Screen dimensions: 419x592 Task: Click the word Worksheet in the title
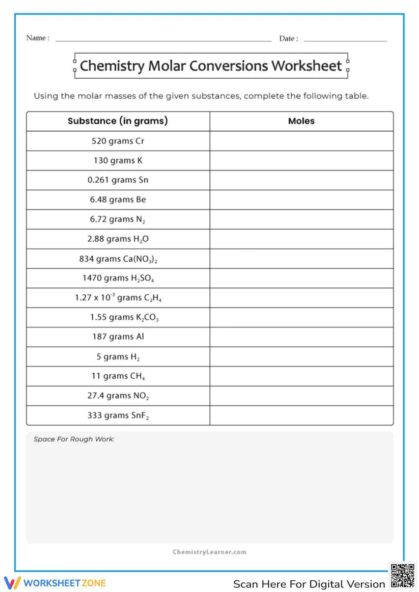point(307,66)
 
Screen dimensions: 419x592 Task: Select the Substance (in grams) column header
point(118,121)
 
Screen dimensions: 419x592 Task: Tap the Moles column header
point(301,121)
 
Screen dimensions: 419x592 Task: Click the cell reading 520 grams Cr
point(118,141)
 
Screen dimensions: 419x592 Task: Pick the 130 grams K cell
point(118,160)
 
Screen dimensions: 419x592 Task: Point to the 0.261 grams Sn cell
point(118,180)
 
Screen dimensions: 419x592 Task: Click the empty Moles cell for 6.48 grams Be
point(301,200)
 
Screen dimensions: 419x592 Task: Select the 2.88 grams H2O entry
point(118,239)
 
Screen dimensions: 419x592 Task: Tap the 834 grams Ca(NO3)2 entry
point(118,259)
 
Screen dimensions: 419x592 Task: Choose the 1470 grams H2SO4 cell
point(118,278)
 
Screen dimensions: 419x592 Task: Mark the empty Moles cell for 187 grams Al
point(301,337)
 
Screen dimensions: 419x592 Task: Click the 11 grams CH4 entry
point(118,376)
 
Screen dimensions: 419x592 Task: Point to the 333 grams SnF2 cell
point(118,415)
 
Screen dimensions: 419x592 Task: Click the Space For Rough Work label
point(74,439)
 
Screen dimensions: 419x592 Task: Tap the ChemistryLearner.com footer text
point(209,552)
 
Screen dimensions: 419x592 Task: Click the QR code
point(402,576)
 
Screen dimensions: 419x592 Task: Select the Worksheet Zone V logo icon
point(13,583)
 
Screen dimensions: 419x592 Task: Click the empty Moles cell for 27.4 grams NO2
point(301,396)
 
